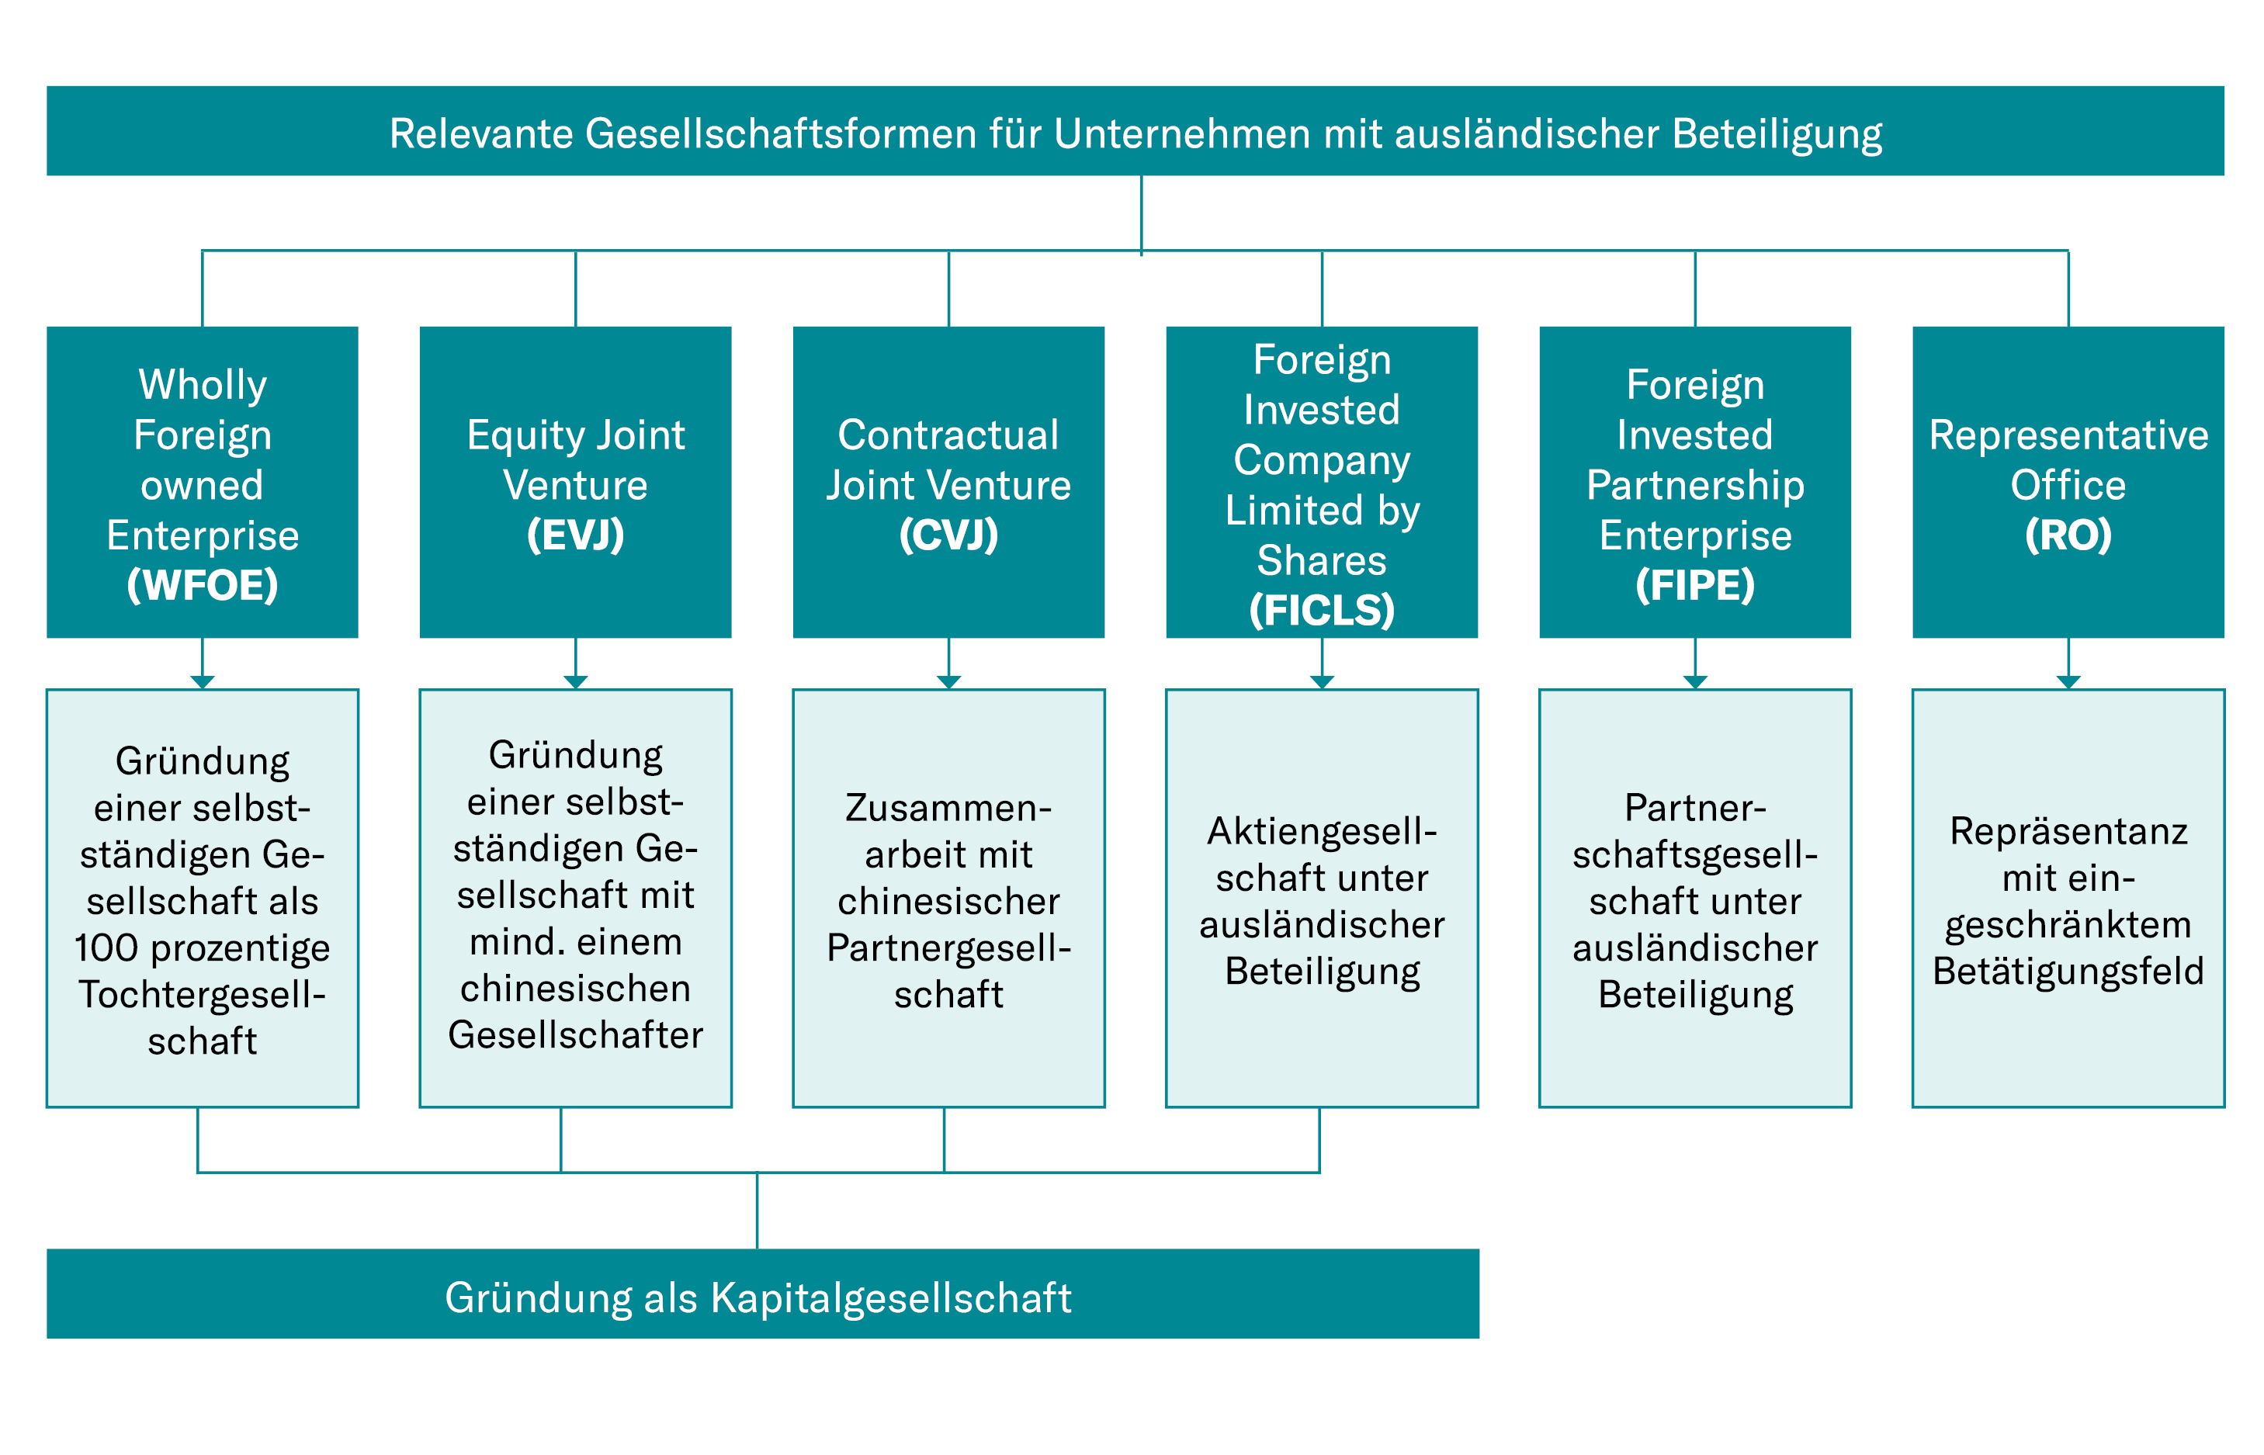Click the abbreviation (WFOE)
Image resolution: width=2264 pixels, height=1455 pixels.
[x=203, y=585]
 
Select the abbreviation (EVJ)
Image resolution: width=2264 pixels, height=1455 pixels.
[x=574, y=535]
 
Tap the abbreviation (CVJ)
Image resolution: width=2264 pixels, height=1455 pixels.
[x=948, y=535]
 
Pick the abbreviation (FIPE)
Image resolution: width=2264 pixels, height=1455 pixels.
[x=1694, y=585]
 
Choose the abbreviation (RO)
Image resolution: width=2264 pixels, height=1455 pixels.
[x=2068, y=535]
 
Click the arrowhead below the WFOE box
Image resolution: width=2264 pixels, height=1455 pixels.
[x=203, y=681]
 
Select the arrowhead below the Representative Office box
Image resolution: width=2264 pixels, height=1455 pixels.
[x=2068, y=681]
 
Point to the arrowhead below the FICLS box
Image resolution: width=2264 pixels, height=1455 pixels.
[x=1321, y=681]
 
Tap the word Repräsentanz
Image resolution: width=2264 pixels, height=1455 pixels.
[x=2068, y=831]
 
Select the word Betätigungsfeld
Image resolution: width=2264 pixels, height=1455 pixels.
[x=2068, y=972]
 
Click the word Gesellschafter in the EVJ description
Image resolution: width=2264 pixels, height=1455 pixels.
[x=574, y=1034]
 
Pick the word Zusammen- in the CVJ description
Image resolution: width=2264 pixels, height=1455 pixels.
[x=948, y=808]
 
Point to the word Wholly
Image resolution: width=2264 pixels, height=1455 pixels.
[x=203, y=385]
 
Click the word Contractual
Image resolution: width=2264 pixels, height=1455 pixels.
[x=948, y=435]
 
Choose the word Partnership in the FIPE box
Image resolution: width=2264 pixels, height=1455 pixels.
[x=1694, y=485]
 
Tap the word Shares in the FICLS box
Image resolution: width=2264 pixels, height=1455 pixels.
[x=1321, y=560]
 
